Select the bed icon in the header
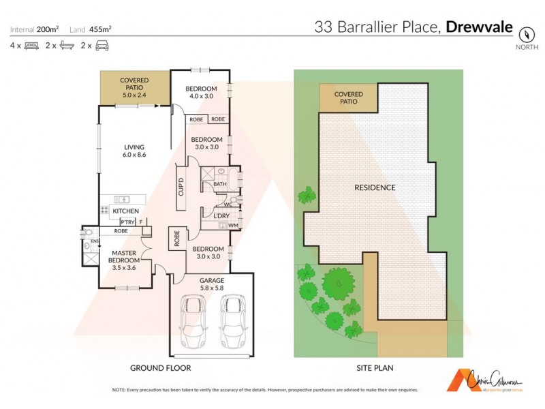[x=31, y=46]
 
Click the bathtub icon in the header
[x=67, y=46]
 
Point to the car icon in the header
[x=102, y=46]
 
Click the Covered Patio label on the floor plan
[x=134, y=87]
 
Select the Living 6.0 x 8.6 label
[x=134, y=151]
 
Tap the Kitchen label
[x=127, y=211]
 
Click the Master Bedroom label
[x=125, y=260]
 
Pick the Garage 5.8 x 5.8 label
[x=211, y=284]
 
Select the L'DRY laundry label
[x=221, y=216]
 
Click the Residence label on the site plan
[x=375, y=187]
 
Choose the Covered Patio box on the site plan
[x=348, y=98]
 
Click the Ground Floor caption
[x=160, y=368]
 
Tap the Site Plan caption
[x=374, y=368]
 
